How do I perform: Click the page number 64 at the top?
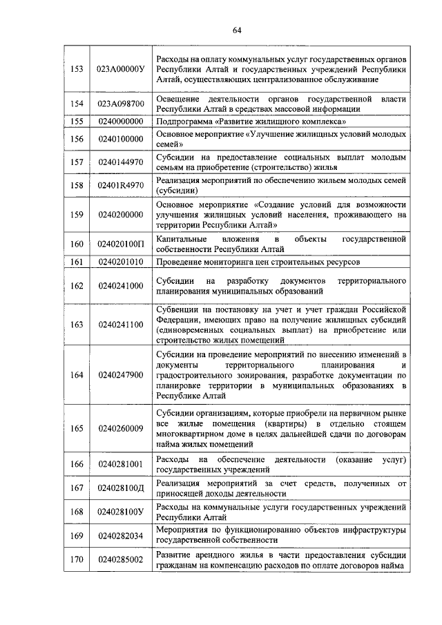pos(236,30)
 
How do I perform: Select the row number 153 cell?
pos(77,69)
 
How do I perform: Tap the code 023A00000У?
pos(120,69)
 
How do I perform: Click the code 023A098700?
pos(120,104)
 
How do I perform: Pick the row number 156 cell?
pos(77,139)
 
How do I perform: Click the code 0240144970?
pos(120,162)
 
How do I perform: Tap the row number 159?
pos(77,215)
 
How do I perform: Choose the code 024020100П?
pos(120,244)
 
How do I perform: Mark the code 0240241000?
pos(120,286)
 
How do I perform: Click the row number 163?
pos(77,324)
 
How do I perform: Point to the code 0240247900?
pos(120,375)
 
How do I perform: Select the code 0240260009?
pos(120,428)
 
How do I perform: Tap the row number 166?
pos(77,464)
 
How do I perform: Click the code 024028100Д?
pos(120,488)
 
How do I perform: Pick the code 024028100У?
pos(120,512)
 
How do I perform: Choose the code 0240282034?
pos(120,535)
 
